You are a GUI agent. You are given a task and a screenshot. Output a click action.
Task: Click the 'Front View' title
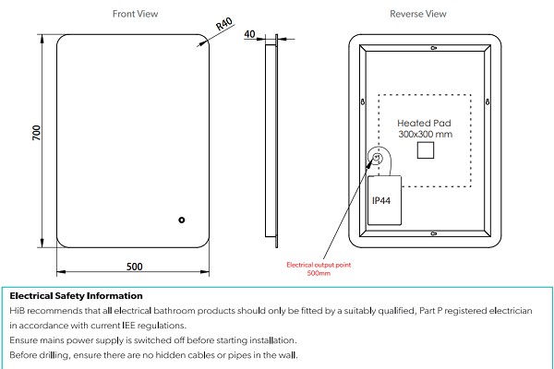(x=135, y=14)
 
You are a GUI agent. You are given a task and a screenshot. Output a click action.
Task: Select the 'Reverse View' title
(x=418, y=14)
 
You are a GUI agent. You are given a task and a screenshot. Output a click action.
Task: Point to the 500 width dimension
(x=135, y=267)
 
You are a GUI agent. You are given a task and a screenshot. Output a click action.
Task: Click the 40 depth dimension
(x=249, y=34)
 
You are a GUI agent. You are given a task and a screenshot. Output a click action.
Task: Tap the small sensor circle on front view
(x=182, y=220)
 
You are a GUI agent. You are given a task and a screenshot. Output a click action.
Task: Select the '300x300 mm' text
(x=426, y=135)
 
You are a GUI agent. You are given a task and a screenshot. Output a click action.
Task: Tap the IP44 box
(x=383, y=200)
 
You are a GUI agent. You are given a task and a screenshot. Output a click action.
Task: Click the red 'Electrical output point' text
(x=319, y=265)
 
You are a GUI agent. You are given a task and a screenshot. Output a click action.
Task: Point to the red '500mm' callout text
(x=319, y=273)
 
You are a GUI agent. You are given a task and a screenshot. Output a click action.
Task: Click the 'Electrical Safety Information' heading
(x=76, y=296)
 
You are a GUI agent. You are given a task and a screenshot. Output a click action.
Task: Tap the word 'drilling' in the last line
(x=55, y=355)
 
